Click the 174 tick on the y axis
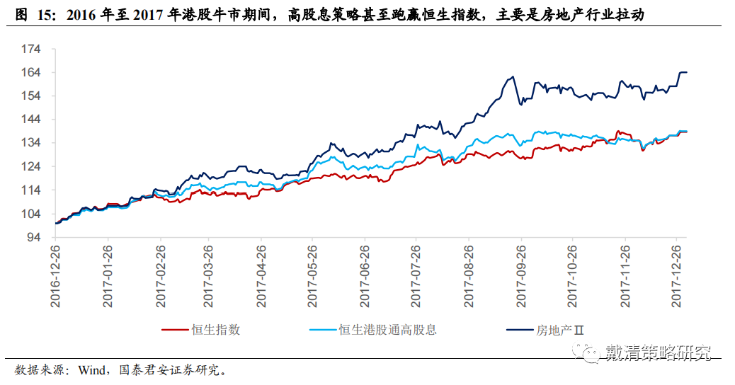click(33, 50)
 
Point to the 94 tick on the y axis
click(35, 238)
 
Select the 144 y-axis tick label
click(33, 120)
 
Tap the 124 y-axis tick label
click(33, 167)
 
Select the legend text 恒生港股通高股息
click(387, 330)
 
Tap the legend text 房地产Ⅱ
click(559, 330)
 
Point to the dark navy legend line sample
click(521, 330)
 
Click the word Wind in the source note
click(91, 370)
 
